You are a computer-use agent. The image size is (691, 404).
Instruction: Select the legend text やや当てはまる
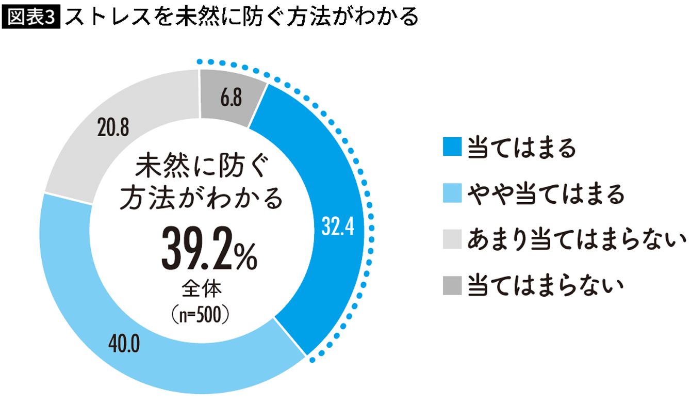546,194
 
